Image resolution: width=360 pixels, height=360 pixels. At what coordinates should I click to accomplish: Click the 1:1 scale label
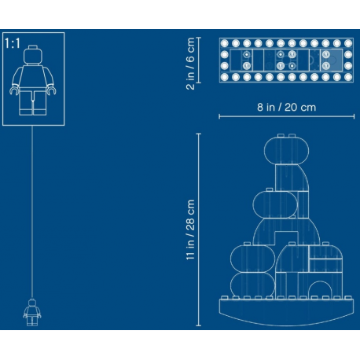pos(12,43)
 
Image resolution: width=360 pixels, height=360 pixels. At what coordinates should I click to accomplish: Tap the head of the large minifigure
pos(33,54)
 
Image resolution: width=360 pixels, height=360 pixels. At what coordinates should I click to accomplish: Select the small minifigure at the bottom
pos(32,312)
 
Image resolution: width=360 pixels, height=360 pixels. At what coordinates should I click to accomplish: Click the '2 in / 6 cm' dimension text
pos(190,64)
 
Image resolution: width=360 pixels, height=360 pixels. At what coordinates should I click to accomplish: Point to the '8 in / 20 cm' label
pos(286,107)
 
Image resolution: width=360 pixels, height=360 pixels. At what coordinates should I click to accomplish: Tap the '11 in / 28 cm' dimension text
pos(190,230)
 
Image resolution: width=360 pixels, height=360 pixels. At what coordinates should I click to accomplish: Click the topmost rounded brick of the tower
pos(286,150)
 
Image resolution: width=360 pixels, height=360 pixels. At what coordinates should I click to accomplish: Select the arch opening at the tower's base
pos(320,289)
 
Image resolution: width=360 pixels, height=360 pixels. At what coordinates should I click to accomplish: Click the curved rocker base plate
pos(286,312)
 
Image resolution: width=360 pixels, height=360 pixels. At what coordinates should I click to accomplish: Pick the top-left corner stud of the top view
pos(225,43)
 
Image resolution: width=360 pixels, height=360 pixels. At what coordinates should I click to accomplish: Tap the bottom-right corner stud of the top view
pos(348,77)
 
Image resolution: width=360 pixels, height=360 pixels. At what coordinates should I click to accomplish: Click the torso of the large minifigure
pos(33,77)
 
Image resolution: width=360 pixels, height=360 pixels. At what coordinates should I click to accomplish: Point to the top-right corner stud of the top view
pos(348,43)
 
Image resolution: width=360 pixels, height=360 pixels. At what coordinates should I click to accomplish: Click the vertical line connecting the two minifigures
pos(32,211)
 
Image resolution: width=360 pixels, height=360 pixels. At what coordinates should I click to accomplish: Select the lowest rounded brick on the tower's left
pos(252,285)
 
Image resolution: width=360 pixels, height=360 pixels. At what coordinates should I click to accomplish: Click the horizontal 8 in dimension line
pos(287,116)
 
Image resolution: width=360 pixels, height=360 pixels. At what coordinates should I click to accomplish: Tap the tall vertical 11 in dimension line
pos(199,230)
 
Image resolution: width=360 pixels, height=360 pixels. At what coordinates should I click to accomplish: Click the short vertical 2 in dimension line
pos(199,60)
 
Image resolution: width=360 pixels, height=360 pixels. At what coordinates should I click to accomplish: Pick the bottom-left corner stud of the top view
pos(225,77)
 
